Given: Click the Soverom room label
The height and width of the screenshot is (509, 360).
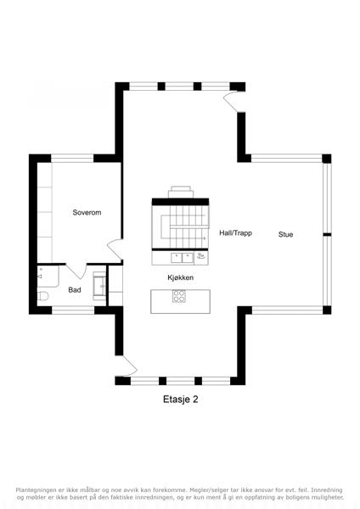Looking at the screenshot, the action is coord(87,213).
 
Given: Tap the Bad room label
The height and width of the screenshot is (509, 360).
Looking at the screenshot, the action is coord(75,290).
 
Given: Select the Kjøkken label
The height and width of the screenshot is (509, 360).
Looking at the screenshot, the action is coord(181,277).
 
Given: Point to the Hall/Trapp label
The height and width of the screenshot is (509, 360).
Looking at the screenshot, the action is coord(235,232).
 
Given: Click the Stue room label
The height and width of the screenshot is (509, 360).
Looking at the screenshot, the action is coord(285,234).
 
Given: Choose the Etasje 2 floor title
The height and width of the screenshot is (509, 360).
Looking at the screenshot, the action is coord(181,400).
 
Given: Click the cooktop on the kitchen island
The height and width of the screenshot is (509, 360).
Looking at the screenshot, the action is coord(179,296).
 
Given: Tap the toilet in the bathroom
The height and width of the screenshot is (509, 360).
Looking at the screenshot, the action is coord(42,296).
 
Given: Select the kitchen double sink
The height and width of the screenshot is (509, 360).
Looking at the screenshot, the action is coord(183,258).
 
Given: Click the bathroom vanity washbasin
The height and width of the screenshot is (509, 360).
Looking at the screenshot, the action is coord(99,287).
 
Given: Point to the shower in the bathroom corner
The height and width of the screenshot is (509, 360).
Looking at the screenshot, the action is coord(48,276).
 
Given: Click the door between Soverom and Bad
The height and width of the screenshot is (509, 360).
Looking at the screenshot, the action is coord(76,271).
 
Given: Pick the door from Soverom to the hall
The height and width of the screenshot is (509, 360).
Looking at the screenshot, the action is coord(115,249).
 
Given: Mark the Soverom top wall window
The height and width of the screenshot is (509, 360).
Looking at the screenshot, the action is coord(72,158).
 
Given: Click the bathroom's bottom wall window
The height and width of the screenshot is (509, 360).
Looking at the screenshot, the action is coord(73,310).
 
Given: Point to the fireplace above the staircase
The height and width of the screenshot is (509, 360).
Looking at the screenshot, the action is coord(180,192).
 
